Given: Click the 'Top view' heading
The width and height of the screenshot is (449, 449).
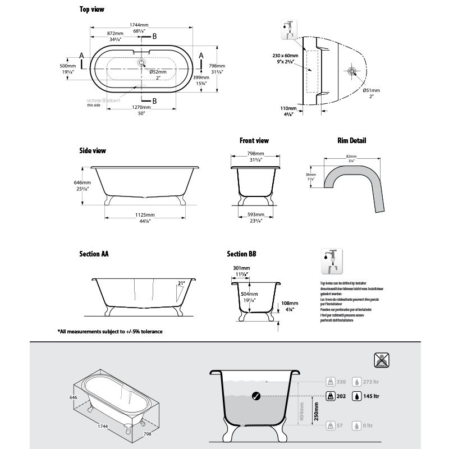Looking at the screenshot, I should tap(91, 10).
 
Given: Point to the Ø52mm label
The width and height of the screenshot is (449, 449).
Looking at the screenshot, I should tap(158, 72).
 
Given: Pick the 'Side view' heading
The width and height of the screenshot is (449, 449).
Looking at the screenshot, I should tap(93, 150).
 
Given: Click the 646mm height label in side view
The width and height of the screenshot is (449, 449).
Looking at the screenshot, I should tap(83, 182).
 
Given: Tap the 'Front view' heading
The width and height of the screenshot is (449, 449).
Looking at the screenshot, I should tap(254, 140).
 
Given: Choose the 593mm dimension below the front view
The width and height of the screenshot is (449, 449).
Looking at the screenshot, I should tap(256, 214).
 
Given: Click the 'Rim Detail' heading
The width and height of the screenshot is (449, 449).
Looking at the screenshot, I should tap(351, 140).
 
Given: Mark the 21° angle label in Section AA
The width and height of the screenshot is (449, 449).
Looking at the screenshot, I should tap(181, 284).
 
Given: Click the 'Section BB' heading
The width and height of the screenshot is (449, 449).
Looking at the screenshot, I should tap(242, 254).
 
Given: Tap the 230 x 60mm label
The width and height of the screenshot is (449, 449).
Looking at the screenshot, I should tap(284, 56).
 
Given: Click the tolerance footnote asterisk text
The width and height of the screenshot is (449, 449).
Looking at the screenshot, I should tap(110, 332).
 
